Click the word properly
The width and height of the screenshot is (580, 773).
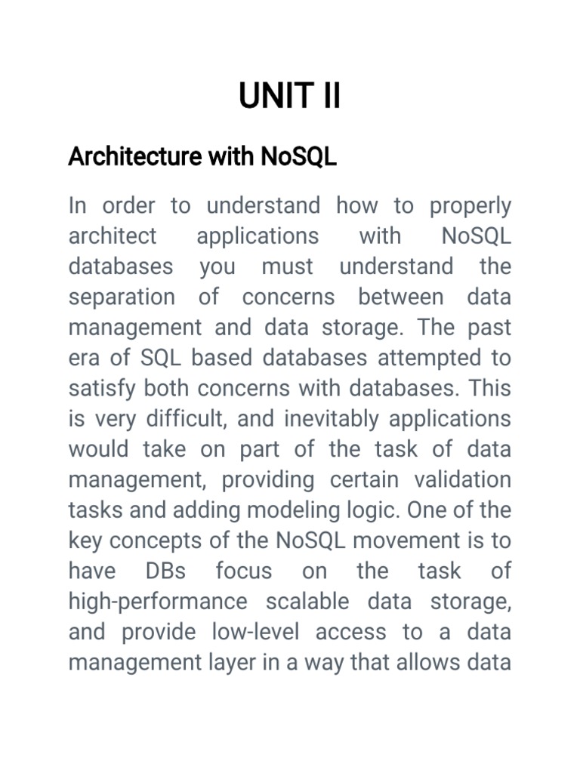(470, 206)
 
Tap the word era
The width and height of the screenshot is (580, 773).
(83, 358)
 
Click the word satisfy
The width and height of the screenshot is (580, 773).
(102, 389)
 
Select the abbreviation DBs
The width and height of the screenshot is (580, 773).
(165, 571)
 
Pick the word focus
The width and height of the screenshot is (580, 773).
(243, 571)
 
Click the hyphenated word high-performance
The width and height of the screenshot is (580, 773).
(158, 602)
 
